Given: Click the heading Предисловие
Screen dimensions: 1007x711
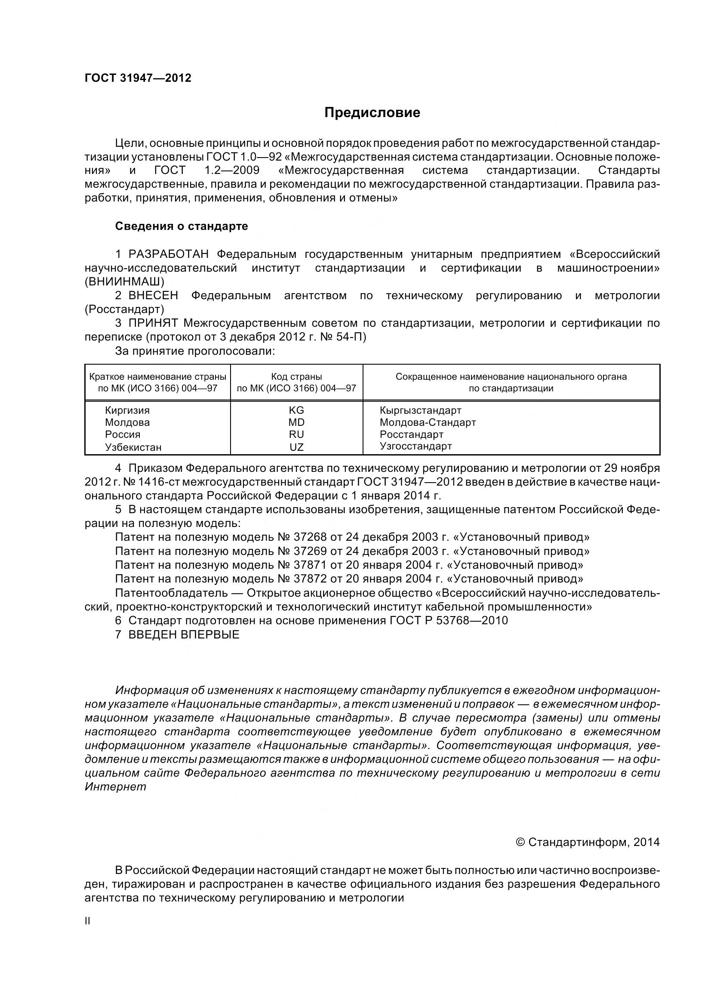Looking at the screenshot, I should pyautogui.click(x=372, y=113).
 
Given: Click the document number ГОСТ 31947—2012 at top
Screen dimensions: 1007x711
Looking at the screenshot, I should pyautogui.click(x=138, y=78).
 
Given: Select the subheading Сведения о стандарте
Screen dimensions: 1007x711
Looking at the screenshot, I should pyautogui.click(x=182, y=226).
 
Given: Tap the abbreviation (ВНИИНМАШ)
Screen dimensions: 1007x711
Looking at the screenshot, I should pyautogui.click(x=124, y=282).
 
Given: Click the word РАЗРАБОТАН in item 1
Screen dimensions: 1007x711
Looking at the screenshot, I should pyautogui.click(x=168, y=254).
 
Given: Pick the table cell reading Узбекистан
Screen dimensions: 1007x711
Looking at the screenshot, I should pyautogui.click(x=133, y=447).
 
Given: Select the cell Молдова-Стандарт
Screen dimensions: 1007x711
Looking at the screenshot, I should pyautogui.click(x=428, y=423).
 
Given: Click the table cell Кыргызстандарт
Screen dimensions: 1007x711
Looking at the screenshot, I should pyautogui.click(x=421, y=411).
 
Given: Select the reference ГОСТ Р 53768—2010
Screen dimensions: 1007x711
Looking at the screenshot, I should pyautogui.click(x=448, y=621).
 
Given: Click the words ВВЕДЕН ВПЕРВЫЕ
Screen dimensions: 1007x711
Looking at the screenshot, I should pyautogui.click(x=184, y=635).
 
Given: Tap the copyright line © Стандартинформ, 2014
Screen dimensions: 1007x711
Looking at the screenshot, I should pyautogui.click(x=588, y=843).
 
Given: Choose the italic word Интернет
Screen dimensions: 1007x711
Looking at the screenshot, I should pyautogui.click(x=115, y=787).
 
